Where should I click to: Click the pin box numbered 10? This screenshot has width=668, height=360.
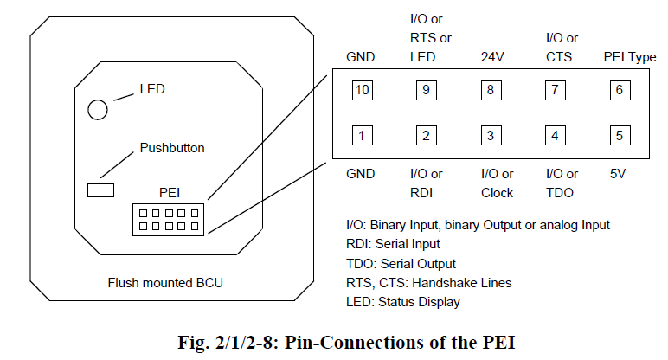click(362, 90)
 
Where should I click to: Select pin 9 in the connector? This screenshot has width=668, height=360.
click(425, 90)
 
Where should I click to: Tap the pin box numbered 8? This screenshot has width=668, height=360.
click(491, 90)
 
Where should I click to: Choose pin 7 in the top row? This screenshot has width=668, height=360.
click(556, 90)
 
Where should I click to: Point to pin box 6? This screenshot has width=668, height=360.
click(618, 90)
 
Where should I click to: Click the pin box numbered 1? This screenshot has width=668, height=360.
click(362, 135)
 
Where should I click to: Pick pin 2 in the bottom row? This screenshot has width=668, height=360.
click(425, 135)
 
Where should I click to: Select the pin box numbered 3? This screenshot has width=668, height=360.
click(491, 135)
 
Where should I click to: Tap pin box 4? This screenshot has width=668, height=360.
click(556, 135)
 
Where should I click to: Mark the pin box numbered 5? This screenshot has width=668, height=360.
click(618, 135)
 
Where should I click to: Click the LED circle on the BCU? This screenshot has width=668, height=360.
click(98, 108)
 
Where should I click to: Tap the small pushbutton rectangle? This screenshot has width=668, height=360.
click(102, 189)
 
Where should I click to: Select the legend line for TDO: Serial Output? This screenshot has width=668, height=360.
click(401, 263)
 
